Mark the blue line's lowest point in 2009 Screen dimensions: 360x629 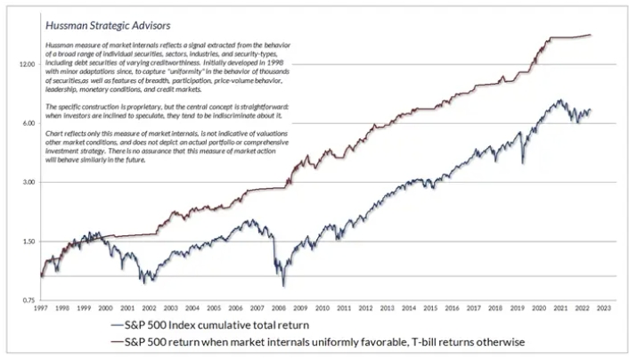coord(284,285)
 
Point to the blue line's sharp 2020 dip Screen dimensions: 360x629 coord(522,164)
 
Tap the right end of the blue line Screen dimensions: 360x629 coord(591,110)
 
